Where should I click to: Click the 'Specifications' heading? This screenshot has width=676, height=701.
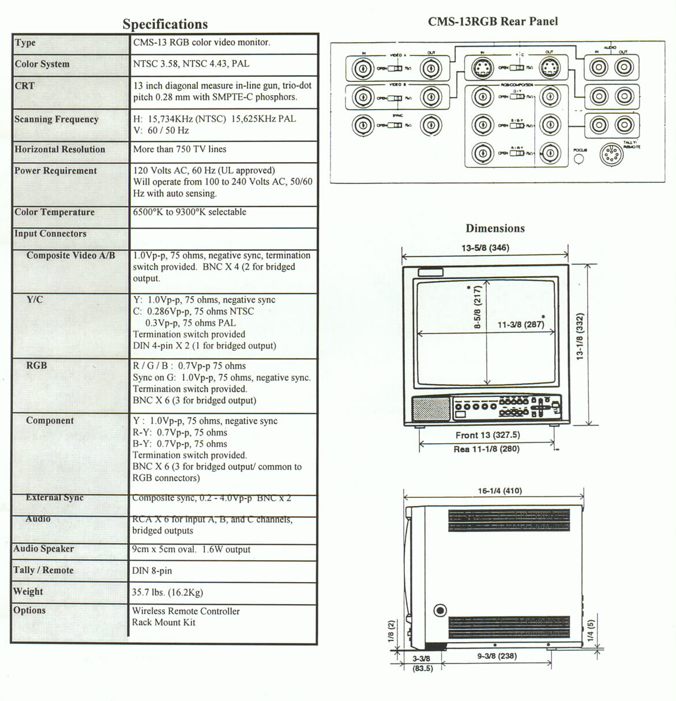click(x=165, y=24)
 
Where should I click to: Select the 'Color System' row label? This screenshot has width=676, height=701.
click(x=42, y=64)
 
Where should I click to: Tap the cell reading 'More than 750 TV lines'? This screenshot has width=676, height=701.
click(x=179, y=149)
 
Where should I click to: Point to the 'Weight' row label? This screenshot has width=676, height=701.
click(x=28, y=591)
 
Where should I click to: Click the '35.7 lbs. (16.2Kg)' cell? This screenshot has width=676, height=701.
click(x=167, y=592)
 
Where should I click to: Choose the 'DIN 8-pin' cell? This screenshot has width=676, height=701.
click(x=152, y=571)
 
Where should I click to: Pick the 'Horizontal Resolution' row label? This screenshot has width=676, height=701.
click(x=60, y=149)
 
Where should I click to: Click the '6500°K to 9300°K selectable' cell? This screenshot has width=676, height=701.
click(x=189, y=212)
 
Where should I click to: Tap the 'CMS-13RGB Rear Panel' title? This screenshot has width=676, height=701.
click(x=493, y=22)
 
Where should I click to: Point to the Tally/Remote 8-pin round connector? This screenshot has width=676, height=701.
click(x=611, y=155)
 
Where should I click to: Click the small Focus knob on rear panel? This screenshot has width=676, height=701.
click(x=580, y=158)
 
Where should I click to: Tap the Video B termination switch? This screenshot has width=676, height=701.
click(x=395, y=98)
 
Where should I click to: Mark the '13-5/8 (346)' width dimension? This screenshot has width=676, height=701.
click(x=485, y=248)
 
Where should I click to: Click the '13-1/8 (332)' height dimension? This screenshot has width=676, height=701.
click(x=580, y=336)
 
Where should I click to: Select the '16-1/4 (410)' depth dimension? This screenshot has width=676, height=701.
click(x=500, y=491)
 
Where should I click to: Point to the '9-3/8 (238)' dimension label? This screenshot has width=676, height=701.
click(x=497, y=655)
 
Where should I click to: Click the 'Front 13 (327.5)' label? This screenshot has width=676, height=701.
click(x=487, y=435)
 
